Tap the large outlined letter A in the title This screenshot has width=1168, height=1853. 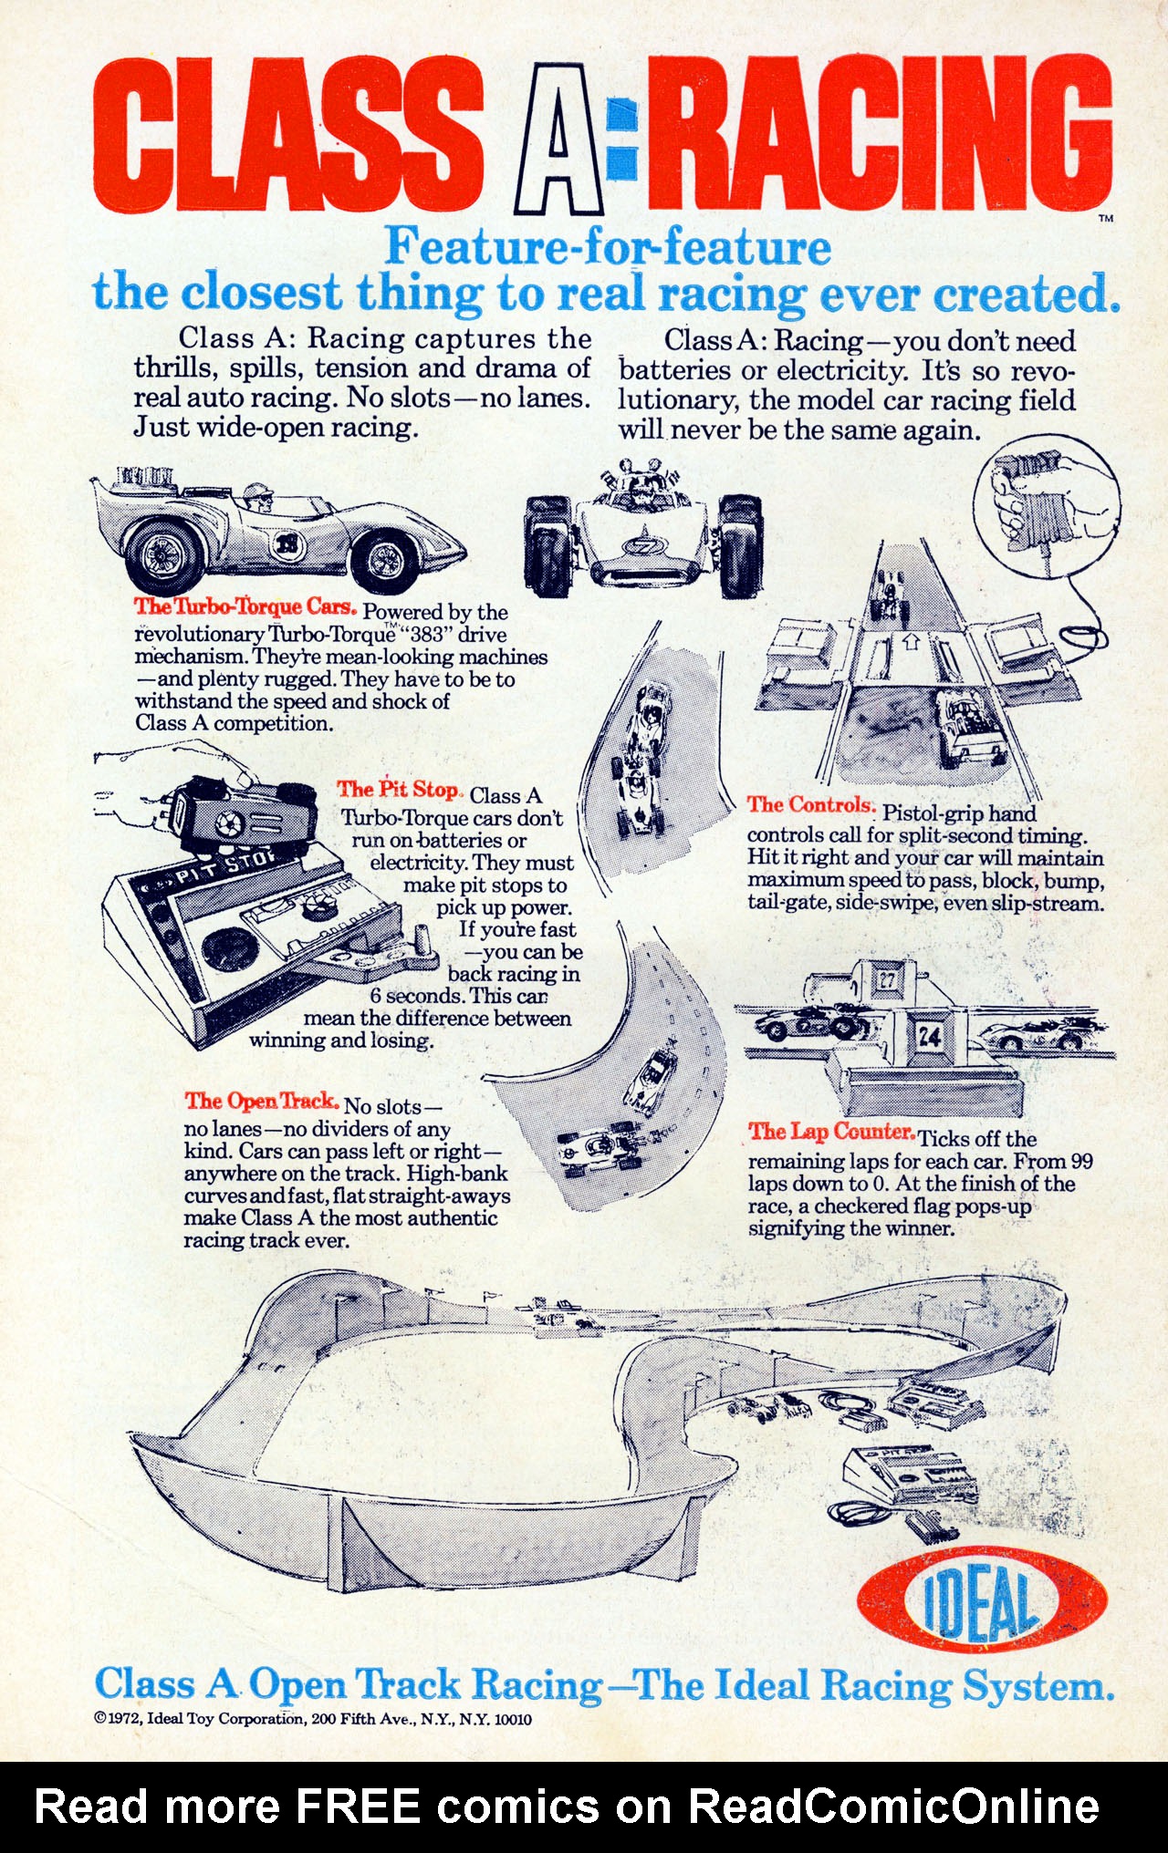point(559,139)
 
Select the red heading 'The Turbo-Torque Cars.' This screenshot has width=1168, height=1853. point(245,606)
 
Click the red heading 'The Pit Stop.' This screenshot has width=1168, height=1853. point(400,790)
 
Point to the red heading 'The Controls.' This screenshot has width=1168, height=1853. point(811,804)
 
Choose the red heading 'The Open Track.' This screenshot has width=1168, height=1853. point(262,1102)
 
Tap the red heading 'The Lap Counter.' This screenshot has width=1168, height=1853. point(831,1132)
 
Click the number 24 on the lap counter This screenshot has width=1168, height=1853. point(930,1036)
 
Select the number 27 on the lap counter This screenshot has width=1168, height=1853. point(887,980)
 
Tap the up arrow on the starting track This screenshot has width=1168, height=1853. point(911,641)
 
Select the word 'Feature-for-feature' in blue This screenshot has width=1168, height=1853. point(608,246)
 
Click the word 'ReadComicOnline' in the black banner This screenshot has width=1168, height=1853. point(893,1806)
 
